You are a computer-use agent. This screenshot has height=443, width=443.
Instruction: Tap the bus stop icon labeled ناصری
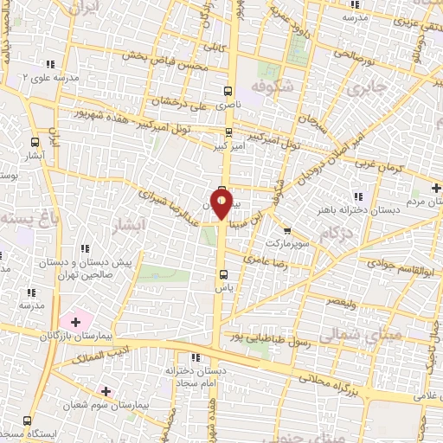228,90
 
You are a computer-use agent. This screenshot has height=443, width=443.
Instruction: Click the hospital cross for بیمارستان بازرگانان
76,323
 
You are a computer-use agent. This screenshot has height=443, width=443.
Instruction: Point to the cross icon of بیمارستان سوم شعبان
106,392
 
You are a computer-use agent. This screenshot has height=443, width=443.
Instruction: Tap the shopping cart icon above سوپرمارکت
287,230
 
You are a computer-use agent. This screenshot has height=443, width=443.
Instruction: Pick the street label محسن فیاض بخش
170,61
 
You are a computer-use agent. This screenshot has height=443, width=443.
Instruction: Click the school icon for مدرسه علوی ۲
49,63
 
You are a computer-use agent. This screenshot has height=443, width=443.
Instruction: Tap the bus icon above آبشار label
35,142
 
